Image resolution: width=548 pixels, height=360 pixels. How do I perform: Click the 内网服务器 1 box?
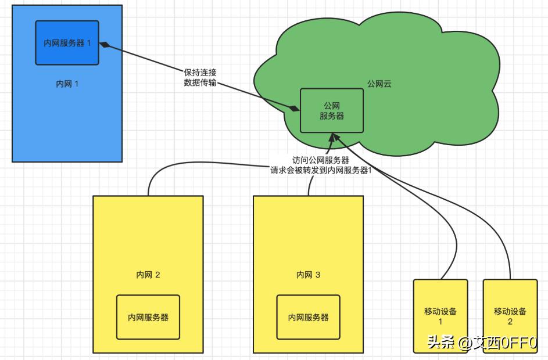point(67,43)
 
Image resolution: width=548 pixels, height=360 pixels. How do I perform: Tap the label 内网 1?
point(67,84)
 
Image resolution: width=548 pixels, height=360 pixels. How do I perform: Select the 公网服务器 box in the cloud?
point(331,110)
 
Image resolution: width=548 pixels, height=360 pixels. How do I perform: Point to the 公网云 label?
point(379,84)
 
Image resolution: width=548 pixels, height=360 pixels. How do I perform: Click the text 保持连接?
point(200,73)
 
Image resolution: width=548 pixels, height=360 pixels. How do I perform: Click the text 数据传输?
point(200,82)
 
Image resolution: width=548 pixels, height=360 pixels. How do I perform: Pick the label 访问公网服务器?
point(321,160)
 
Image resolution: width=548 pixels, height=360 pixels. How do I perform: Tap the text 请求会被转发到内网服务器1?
point(321,171)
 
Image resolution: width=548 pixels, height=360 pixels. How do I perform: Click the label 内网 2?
point(148,275)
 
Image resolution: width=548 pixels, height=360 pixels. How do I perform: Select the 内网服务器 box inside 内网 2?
point(148,317)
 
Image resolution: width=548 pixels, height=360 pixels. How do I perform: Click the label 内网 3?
point(308,275)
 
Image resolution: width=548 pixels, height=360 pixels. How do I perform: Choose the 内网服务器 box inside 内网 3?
point(308,317)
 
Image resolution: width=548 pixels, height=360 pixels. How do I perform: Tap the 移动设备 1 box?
point(440,316)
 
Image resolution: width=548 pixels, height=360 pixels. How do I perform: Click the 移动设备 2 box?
point(510,316)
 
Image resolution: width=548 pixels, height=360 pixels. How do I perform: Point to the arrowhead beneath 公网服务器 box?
point(332,136)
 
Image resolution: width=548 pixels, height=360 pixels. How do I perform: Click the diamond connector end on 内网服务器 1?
point(105,45)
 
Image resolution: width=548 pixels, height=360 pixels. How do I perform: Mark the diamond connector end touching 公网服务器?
point(295,109)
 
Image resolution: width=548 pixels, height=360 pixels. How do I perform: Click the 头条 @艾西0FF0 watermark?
point(482,343)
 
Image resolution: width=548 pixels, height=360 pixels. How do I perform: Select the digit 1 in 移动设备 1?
point(440,322)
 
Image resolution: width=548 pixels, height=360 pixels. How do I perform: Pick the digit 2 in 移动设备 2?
point(510,322)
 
